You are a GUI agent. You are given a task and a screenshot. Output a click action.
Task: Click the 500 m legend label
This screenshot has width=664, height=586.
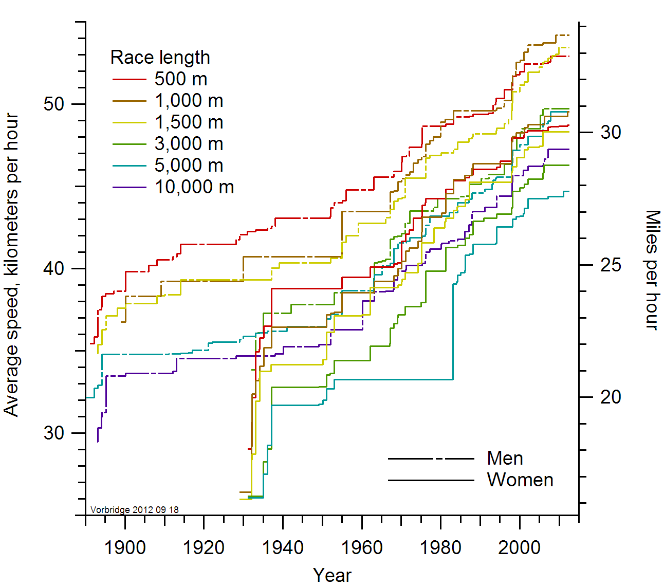pos(181,79)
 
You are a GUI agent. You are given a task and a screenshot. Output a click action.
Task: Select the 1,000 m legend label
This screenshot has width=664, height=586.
pos(189,101)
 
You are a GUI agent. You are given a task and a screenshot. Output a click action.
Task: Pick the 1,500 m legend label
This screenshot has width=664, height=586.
pos(189,122)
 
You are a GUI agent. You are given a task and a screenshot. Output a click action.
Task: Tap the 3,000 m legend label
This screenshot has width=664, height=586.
pos(189,144)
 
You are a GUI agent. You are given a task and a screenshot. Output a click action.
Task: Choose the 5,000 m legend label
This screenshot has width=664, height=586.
pos(189,166)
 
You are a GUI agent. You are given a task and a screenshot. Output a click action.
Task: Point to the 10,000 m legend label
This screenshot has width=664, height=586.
pos(194,187)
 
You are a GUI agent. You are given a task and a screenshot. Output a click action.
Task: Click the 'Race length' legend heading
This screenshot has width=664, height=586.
pos(160,57)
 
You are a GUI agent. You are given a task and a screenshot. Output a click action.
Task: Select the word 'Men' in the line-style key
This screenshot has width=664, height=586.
pos(505,458)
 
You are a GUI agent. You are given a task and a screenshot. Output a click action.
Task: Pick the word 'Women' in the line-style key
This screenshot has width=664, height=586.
pos(520,480)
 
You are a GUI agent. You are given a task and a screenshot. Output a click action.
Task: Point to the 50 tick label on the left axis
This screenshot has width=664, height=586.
pos(54,104)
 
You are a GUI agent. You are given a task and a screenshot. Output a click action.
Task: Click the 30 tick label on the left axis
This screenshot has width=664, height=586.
pos(54,433)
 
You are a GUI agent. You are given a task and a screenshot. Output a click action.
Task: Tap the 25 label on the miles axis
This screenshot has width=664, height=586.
pos(611,265)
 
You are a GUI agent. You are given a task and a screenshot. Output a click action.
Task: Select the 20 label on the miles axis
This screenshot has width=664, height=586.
pos(611,397)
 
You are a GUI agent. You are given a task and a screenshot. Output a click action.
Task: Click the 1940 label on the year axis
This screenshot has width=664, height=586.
pos(283,547)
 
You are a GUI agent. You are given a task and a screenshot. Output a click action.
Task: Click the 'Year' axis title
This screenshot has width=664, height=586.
pos(332,575)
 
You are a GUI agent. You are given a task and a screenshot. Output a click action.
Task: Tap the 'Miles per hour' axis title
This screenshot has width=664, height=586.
pos(652,270)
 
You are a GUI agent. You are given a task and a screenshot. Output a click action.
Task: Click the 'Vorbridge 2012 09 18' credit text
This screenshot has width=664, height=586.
pos(135,510)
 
